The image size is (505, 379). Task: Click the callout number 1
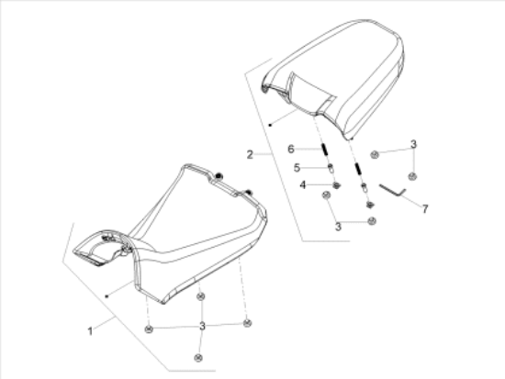click(x=90, y=331)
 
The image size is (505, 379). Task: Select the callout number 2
click(x=250, y=155)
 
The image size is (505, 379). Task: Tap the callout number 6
click(x=291, y=149)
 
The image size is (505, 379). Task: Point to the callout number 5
click(x=297, y=168)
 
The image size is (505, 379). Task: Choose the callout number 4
click(x=303, y=185)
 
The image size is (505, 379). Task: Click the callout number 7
click(x=425, y=209)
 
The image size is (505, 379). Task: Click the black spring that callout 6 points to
click(x=325, y=150)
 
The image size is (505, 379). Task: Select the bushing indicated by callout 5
click(x=331, y=169)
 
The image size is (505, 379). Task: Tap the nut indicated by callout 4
click(x=337, y=185)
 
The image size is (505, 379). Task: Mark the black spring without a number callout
click(x=357, y=169)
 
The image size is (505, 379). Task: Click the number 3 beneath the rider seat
click(x=202, y=326)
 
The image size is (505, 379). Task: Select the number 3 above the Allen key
click(x=413, y=144)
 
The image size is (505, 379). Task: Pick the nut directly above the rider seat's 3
click(x=201, y=296)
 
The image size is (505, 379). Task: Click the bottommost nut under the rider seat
click(x=198, y=358)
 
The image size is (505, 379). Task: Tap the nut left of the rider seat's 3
click(x=149, y=329)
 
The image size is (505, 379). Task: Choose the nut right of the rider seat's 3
click(x=247, y=323)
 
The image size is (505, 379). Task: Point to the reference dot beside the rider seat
click(x=107, y=296)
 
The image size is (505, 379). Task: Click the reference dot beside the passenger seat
click(x=271, y=125)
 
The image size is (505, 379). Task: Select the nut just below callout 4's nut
click(x=326, y=195)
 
